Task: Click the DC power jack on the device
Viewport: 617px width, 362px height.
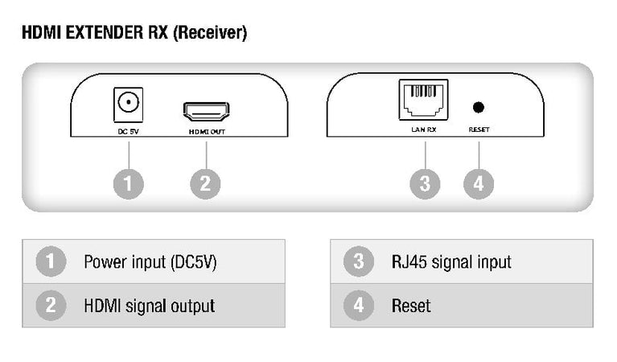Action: click(x=127, y=103)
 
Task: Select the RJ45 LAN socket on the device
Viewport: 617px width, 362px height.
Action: click(x=423, y=98)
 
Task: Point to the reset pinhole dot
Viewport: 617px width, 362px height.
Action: click(x=479, y=106)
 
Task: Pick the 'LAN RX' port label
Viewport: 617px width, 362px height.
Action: click(x=423, y=129)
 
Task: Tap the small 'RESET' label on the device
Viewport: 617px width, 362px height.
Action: click(x=479, y=129)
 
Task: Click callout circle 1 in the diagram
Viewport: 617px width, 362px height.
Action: click(x=128, y=183)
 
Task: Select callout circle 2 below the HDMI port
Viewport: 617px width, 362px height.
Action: click(x=205, y=183)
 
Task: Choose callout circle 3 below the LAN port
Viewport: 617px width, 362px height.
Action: click(x=424, y=183)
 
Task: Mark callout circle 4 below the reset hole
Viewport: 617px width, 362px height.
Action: click(x=479, y=183)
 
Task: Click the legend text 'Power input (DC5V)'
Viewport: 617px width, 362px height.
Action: click(x=150, y=261)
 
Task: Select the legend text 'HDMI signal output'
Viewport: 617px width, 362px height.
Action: click(x=149, y=306)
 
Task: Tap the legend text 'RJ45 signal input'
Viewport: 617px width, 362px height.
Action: click(x=451, y=261)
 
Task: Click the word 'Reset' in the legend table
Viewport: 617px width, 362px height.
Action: click(x=411, y=306)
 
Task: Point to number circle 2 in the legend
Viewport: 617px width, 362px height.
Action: click(x=51, y=306)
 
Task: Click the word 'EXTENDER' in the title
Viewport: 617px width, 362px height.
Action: click(x=105, y=34)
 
